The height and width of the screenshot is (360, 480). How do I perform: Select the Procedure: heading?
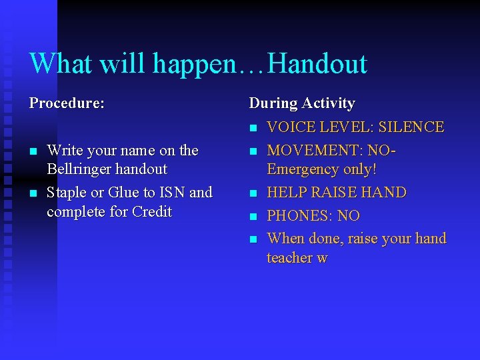pyautogui.click(x=67, y=103)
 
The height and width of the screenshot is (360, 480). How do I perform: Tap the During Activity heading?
pyautogui.click(x=301, y=103)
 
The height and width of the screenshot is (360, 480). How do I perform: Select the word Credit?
pyautogui.click(x=152, y=212)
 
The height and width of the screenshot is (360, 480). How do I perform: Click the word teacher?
pyautogui.click(x=291, y=258)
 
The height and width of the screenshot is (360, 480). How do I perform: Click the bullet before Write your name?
pyautogui.click(x=33, y=151)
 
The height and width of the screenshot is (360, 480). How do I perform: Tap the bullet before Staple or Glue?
pyautogui.click(x=33, y=193)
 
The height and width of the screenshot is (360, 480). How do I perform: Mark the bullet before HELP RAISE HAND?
pyautogui.click(x=253, y=193)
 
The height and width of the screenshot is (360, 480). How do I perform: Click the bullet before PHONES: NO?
pyautogui.click(x=253, y=217)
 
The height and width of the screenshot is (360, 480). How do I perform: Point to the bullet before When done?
pyautogui.click(x=253, y=239)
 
